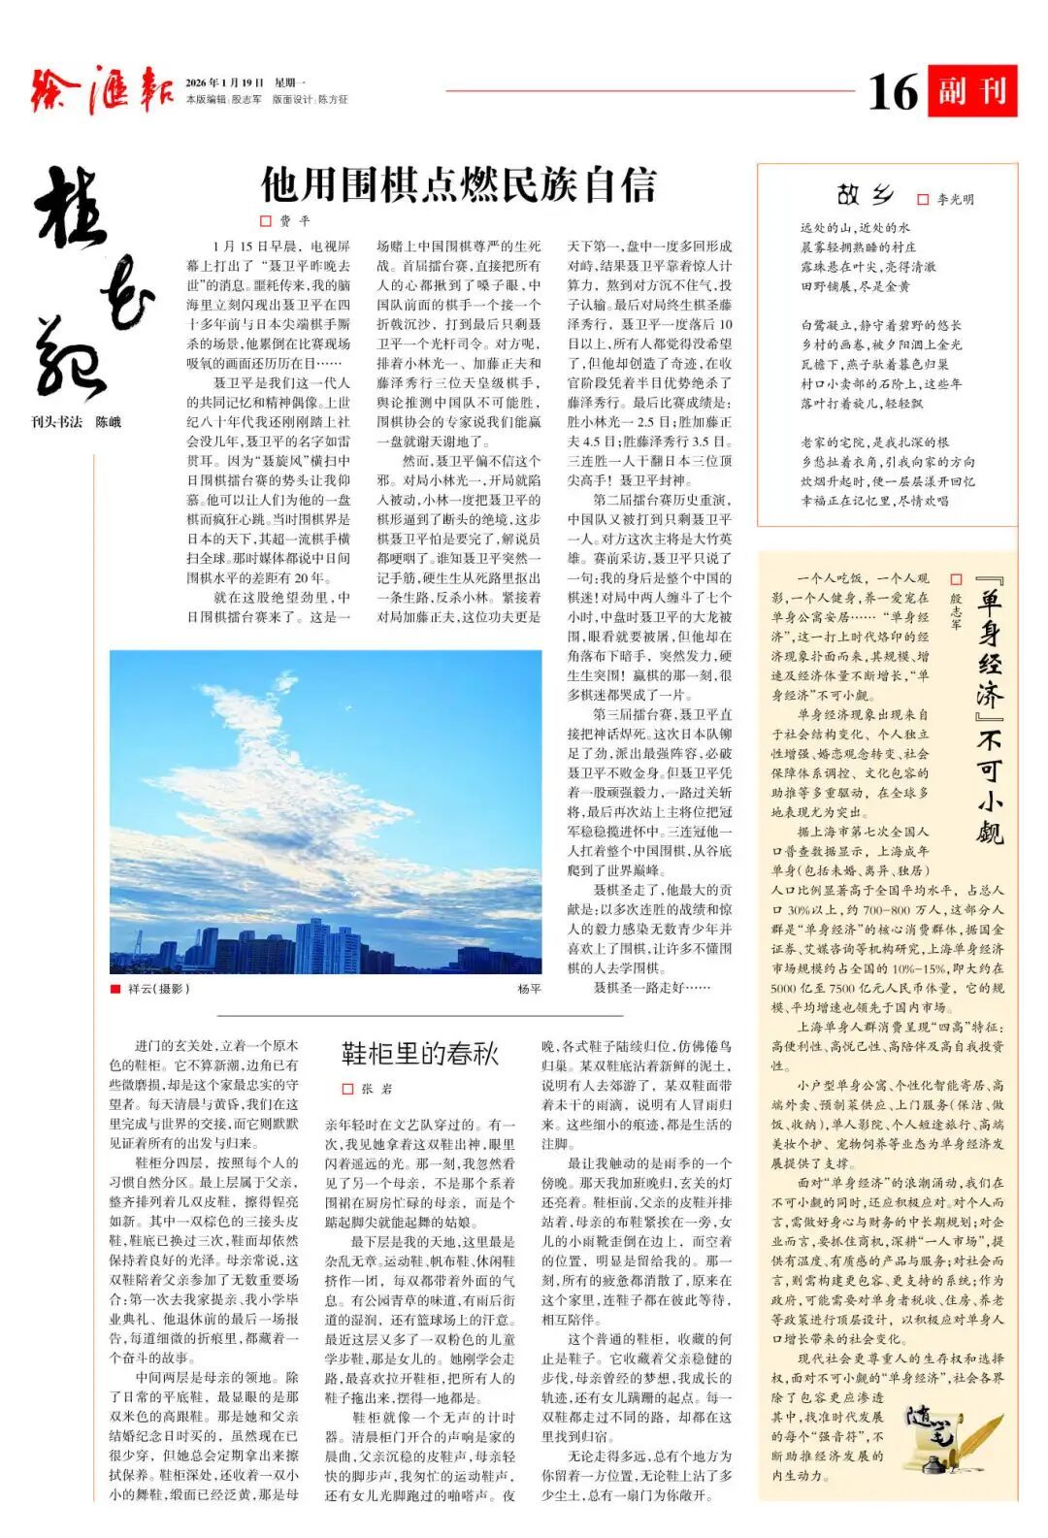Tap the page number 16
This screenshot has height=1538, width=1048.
[892, 92]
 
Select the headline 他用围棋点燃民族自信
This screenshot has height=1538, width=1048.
[458, 183]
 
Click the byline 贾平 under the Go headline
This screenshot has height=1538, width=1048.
[294, 221]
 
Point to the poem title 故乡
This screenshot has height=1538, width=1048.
[863, 195]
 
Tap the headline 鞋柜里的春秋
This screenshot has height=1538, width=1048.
[419, 1054]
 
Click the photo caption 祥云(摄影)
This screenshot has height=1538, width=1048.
[158, 989]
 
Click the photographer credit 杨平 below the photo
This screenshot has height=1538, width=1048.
[529, 989]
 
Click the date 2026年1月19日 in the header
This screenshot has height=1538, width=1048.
[225, 82]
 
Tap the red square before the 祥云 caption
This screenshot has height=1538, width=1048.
[116, 989]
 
